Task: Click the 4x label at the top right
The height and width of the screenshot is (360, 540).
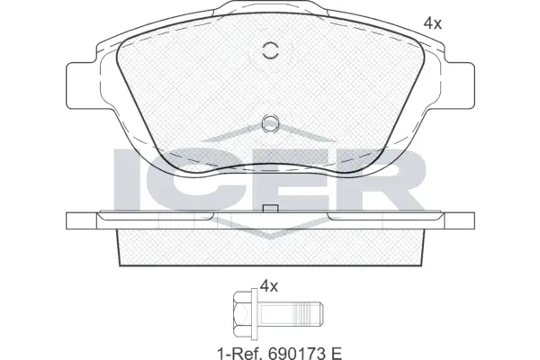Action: (433, 24)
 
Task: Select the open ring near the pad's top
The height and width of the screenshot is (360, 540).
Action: (269, 51)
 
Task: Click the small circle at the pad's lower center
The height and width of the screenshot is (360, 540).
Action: (269, 124)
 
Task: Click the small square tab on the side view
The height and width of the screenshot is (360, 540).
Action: (268, 210)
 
